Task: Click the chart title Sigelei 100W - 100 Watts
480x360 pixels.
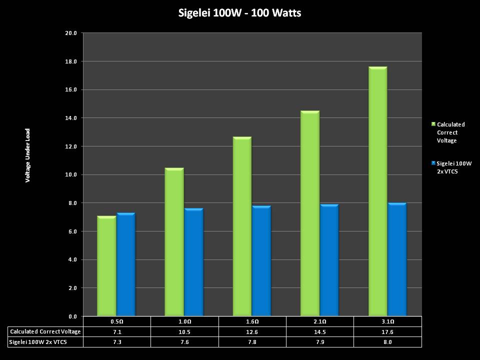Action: (239, 13)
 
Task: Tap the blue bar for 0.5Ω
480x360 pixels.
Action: (126, 264)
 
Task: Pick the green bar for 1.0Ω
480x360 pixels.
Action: (174, 242)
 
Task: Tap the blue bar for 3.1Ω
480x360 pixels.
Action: (397, 259)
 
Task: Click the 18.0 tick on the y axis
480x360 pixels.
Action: (71, 61)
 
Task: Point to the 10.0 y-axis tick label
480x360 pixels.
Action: (71, 175)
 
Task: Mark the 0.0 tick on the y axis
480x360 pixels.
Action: (73, 316)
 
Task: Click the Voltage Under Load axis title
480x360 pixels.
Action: (28, 155)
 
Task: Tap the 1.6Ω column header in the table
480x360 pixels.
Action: (252, 321)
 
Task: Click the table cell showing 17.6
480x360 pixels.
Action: (387, 331)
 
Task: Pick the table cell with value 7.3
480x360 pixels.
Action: (116, 342)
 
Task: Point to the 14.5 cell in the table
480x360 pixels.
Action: (319, 331)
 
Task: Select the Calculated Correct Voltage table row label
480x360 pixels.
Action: (45, 331)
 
